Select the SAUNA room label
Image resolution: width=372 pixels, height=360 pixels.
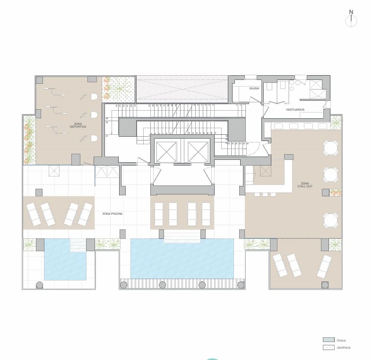[x=254, y=88]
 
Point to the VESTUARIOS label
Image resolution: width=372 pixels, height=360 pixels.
[x=295, y=110]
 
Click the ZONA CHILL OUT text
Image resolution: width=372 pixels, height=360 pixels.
[x=305, y=185]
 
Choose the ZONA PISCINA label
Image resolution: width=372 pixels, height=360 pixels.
[x=112, y=214]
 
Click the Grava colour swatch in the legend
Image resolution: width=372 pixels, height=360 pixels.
[x=328, y=340]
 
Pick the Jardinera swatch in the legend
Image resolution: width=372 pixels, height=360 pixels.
[x=328, y=347]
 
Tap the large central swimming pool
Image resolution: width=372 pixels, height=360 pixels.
[x=182, y=258]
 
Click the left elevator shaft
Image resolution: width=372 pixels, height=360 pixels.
[x=166, y=152]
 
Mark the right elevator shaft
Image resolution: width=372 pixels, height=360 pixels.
[x=198, y=152]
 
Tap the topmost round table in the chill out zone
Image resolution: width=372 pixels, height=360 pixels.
[x=331, y=149]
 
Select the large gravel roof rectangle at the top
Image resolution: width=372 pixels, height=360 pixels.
[x=182, y=88]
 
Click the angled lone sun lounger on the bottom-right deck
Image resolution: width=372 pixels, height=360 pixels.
[x=324, y=266]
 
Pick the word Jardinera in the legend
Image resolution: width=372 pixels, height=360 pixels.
[x=343, y=347]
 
